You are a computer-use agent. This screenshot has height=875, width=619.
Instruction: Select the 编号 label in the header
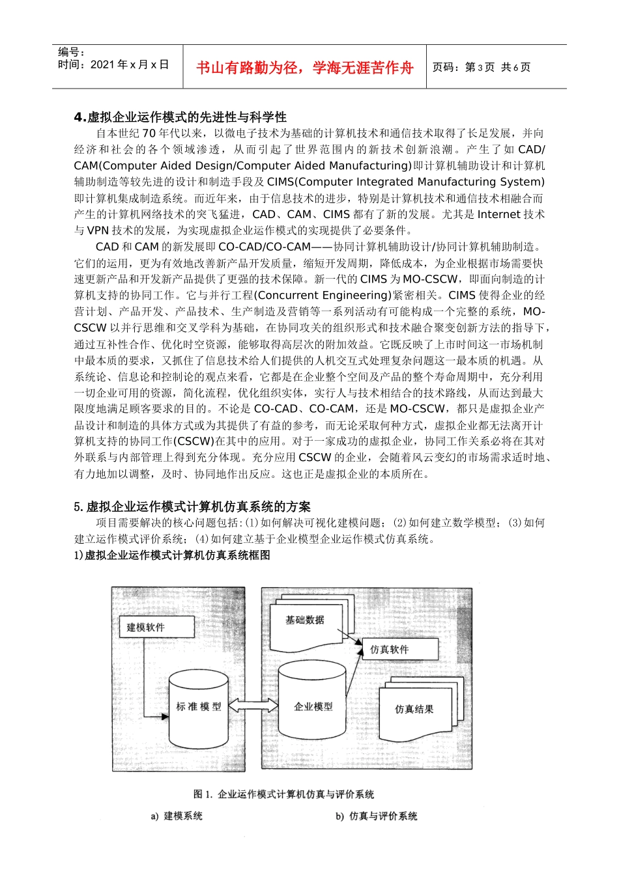point(71,52)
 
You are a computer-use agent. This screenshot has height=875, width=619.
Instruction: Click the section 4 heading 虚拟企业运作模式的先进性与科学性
point(180,117)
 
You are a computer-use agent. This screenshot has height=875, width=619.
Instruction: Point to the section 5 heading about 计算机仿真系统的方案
point(192,507)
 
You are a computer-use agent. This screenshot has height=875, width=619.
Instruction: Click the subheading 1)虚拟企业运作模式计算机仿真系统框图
point(172,555)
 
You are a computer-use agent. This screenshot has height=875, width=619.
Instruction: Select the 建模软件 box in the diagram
point(146,627)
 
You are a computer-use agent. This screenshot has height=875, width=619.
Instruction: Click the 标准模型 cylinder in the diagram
point(198,707)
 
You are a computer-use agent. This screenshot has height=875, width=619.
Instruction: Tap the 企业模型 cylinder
point(313,706)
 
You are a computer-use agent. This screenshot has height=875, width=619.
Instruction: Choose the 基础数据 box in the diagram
point(305,620)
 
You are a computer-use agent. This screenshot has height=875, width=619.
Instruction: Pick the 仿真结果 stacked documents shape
point(414,709)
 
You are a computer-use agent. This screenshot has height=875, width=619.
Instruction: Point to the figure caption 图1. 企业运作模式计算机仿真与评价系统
point(283,794)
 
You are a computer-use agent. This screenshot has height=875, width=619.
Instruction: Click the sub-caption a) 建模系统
point(177,816)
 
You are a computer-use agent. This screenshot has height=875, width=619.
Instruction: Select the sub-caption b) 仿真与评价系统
point(376,816)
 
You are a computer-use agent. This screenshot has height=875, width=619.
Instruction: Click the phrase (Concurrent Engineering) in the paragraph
point(324,296)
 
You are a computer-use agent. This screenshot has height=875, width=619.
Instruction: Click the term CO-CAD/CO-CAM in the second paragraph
point(265,247)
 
